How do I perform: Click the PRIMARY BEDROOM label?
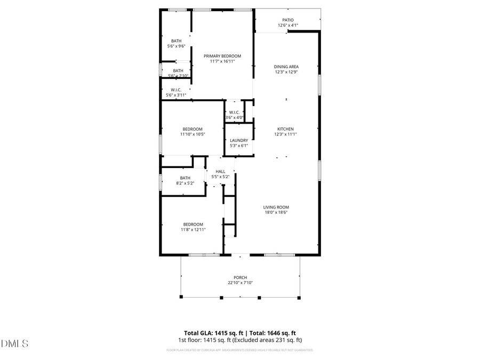point(222,56)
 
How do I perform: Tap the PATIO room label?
point(287,20)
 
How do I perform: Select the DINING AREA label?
point(286,67)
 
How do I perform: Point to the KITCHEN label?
point(285,129)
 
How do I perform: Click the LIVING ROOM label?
point(276,207)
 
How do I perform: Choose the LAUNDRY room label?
point(238,140)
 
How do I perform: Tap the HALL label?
point(220,171)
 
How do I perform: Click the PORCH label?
point(240,277)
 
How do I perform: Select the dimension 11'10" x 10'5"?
point(193,134)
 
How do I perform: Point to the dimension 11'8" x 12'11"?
point(193,229)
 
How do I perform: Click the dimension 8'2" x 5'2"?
point(185,183)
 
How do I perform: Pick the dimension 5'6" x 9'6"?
point(177,46)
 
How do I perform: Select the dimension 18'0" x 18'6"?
point(276,212)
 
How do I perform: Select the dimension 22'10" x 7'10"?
point(240,283)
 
